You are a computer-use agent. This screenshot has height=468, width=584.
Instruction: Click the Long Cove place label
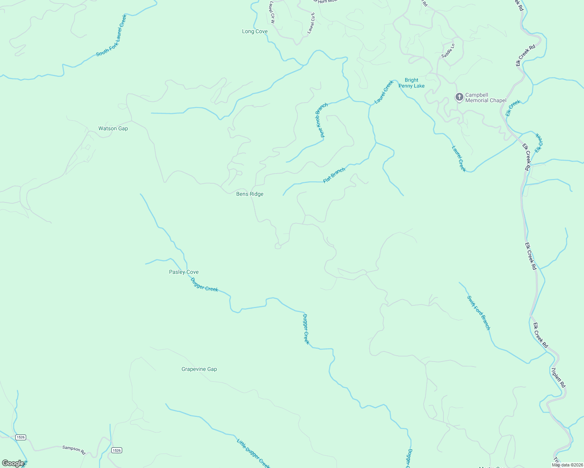pyautogui.click(x=255, y=32)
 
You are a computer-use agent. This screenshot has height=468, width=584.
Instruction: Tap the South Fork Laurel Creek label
pyautogui.click(x=112, y=35)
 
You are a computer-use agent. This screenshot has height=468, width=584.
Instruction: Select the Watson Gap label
pyautogui.click(x=113, y=128)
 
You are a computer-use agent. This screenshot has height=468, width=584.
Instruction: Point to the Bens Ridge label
pyautogui.click(x=250, y=194)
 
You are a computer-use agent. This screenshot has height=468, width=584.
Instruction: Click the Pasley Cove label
pyautogui.click(x=183, y=272)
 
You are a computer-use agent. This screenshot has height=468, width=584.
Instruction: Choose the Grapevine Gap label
pyautogui.click(x=199, y=369)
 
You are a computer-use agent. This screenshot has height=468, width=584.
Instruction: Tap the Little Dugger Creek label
pyautogui.click(x=253, y=453)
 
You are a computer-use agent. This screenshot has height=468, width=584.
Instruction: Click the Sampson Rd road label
pyautogui.click(x=74, y=450)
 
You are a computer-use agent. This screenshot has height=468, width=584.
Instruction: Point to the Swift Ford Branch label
pyautogui.click(x=479, y=313)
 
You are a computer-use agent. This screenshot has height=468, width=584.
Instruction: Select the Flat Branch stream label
pyautogui.click(x=334, y=175)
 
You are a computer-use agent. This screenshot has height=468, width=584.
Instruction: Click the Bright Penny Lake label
pyautogui.click(x=411, y=83)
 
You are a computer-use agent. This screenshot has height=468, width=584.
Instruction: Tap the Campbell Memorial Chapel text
pyautogui.click(x=486, y=97)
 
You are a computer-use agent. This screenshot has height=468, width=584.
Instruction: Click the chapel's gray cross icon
pyautogui.click(x=459, y=97)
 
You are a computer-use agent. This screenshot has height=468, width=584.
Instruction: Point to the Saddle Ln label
pyautogui.click(x=448, y=51)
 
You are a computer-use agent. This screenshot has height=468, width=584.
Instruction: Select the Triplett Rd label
pyautogui.click(x=558, y=378)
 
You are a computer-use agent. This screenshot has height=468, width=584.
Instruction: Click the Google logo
pyautogui.click(x=13, y=463)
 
